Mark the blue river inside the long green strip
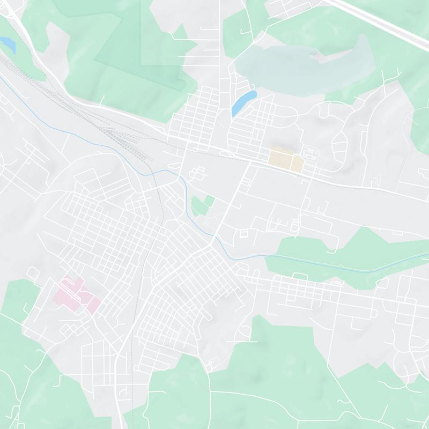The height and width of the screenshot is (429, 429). pos(343,263)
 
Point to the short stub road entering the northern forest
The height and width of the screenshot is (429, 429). pos(103,100)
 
